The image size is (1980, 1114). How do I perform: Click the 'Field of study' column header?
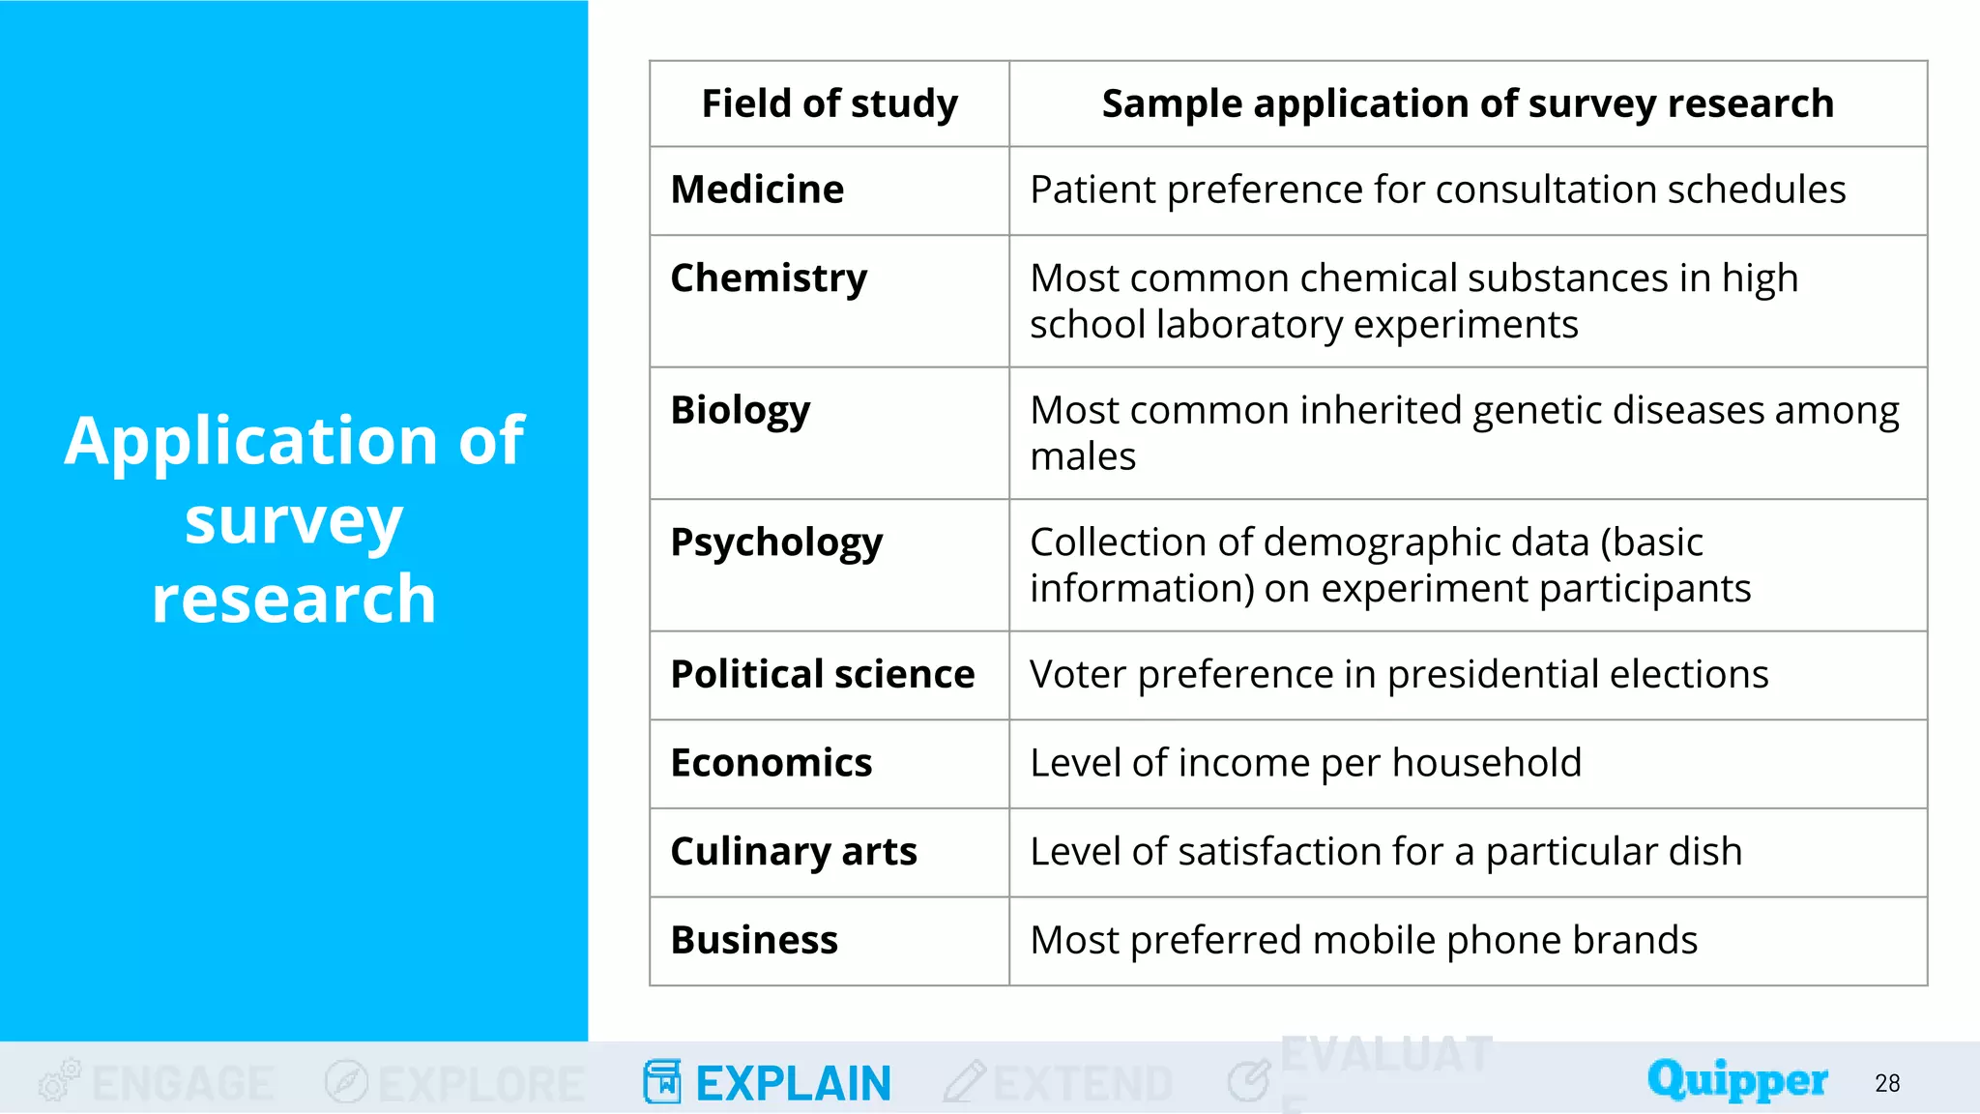pyautogui.click(x=830, y=103)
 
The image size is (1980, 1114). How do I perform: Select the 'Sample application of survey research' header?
pyautogui.click(x=1468, y=103)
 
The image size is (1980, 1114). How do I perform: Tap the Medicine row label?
pyautogui.click(x=757, y=190)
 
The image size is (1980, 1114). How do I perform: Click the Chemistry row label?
pyautogui.click(x=769, y=278)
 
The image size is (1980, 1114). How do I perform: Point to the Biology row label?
pyautogui.click(x=741, y=410)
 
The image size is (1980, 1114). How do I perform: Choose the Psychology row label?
pyautogui.click(x=776, y=542)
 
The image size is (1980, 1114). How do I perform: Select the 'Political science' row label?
pyautogui.click(x=823, y=674)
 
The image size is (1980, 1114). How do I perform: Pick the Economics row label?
pyautogui.click(x=772, y=763)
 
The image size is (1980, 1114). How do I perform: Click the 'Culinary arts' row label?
pyautogui.click(x=794, y=852)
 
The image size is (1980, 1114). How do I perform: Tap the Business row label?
pyautogui.click(x=754, y=940)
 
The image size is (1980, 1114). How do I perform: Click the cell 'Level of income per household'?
pyautogui.click(x=1305, y=763)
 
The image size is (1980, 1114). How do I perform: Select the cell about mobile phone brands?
pyautogui.click(x=1363, y=940)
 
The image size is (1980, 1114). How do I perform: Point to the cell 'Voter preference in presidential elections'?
pyautogui.click(x=1399, y=674)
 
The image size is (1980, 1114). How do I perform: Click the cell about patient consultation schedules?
pyautogui.click(x=1438, y=190)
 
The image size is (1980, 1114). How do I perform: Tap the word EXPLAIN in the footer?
pyautogui.click(x=793, y=1083)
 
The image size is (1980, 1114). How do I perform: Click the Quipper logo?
pyautogui.click(x=1737, y=1080)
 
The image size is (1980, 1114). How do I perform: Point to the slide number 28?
pyautogui.click(x=1887, y=1083)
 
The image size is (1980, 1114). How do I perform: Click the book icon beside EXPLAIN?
pyautogui.click(x=662, y=1081)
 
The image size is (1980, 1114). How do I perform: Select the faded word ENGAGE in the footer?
pyautogui.click(x=183, y=1083)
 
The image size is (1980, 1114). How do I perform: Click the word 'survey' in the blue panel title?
pyautogui.click(x=294, y=522)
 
